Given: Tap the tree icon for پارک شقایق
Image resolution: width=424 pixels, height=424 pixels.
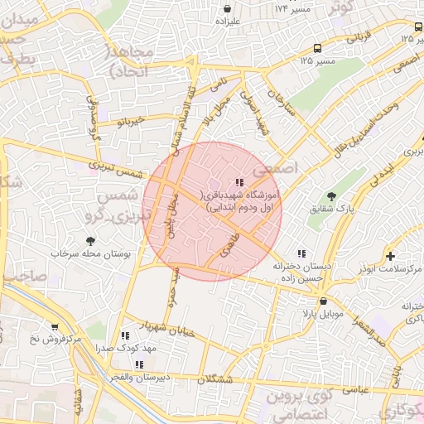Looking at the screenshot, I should (332, 196).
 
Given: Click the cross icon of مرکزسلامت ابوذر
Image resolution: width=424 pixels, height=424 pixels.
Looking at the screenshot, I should (390, 256).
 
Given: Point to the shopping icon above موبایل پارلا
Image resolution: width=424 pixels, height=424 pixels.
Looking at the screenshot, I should (323, 301).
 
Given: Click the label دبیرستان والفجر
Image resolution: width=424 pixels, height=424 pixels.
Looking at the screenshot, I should (137, 378).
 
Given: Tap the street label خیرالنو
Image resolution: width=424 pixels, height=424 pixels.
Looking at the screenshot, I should (130, 122).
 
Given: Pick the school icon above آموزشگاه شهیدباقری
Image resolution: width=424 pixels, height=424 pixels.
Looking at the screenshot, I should (239, 182).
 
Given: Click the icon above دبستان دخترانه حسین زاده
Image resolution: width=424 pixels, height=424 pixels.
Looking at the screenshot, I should (302, 253).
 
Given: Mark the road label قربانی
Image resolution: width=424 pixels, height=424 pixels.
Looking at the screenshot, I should (358, 38).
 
